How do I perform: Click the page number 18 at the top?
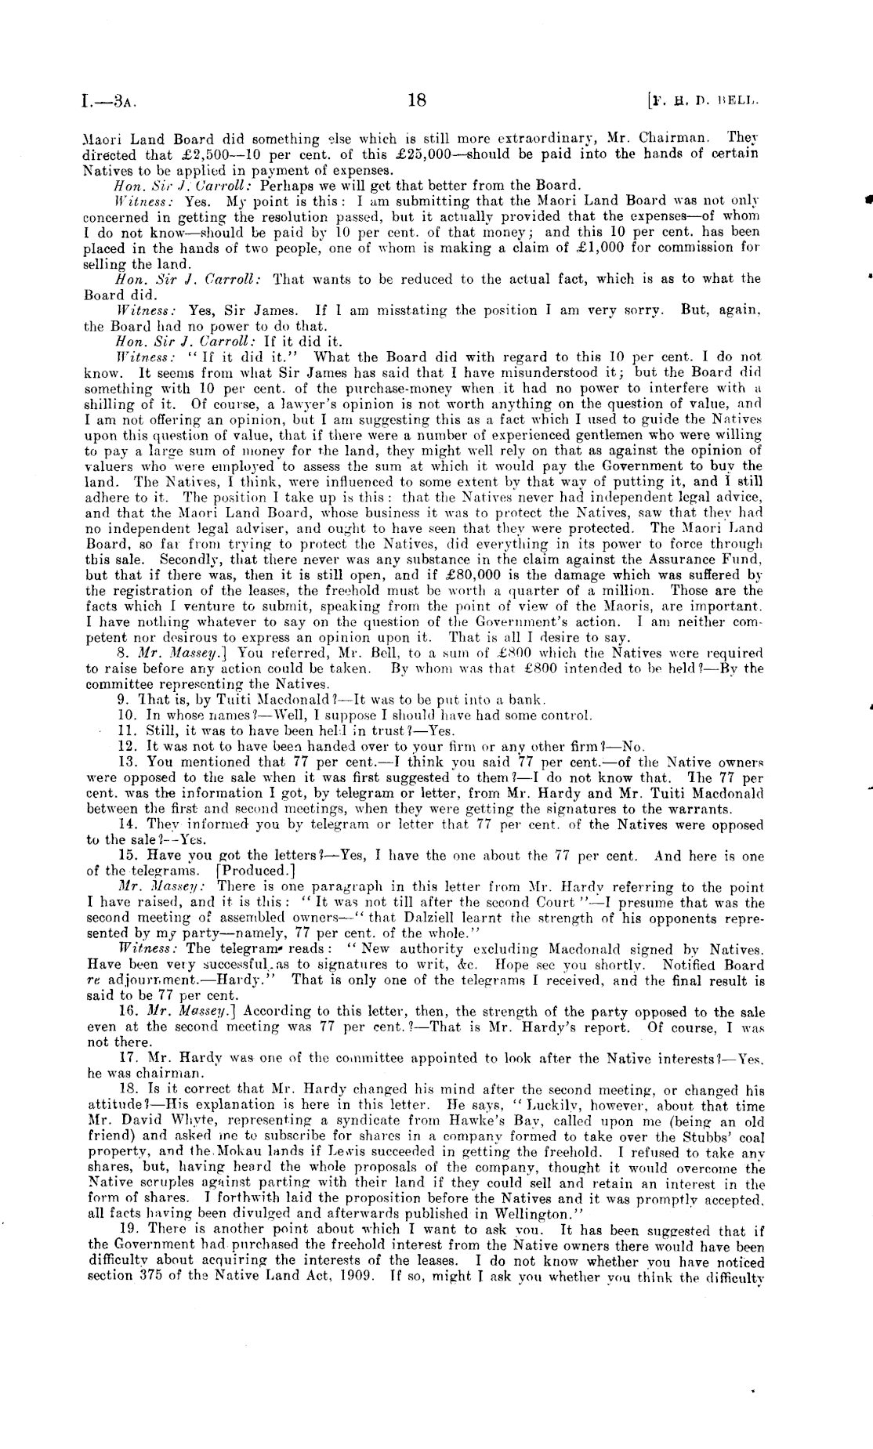[x=416, y=100]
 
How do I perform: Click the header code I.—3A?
[x=110, y=101]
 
